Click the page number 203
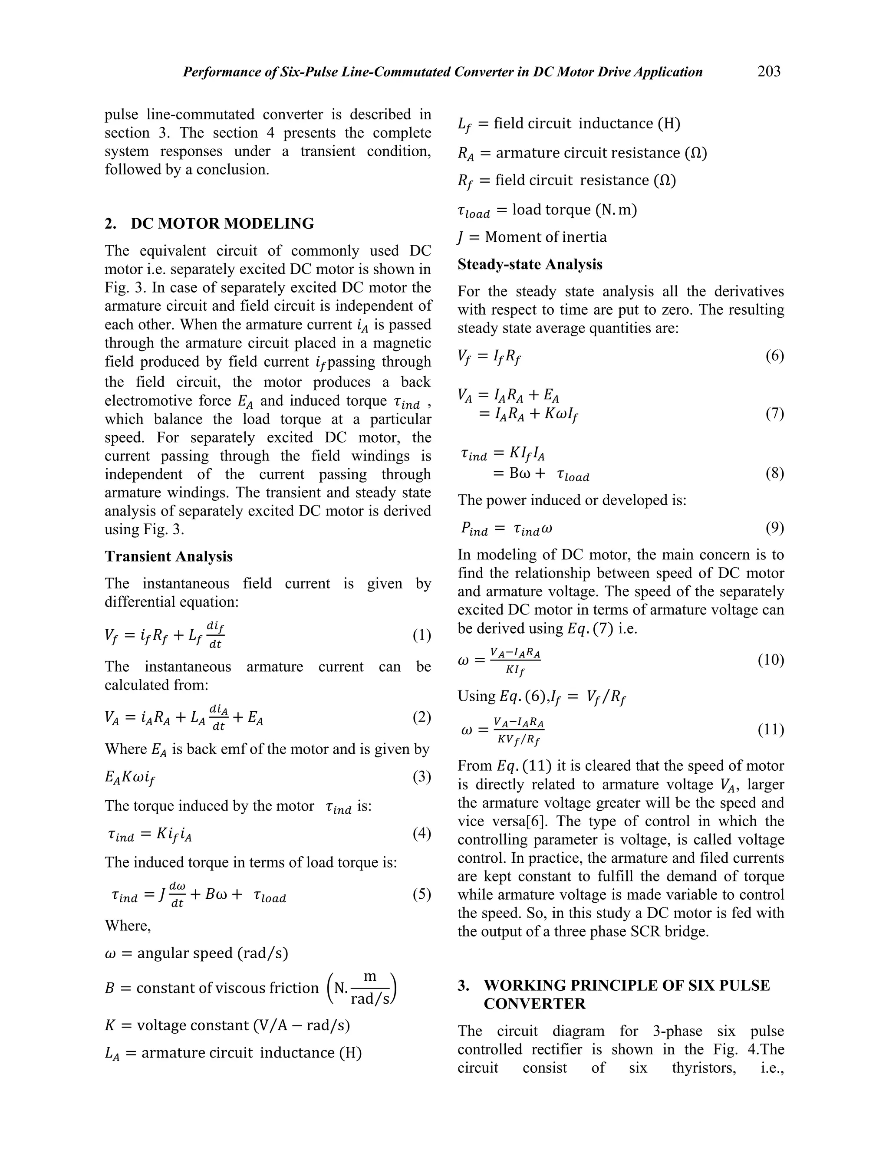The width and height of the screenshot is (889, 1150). [x=768, y=71]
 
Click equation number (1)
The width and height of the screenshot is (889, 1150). [x=422, y=636]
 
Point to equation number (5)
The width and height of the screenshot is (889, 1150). [x=422, y=895]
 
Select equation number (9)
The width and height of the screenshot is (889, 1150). [x=775, y=528]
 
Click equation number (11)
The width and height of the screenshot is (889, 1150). [x=770, y=730]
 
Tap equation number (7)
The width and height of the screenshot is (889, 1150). [x=775, y=414]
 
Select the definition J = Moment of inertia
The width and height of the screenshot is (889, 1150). [x=532, y=237]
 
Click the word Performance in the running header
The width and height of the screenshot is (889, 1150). [x=220, y=72]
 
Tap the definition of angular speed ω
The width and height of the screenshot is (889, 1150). [x=197, y=953]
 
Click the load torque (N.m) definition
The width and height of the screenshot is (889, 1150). [x=547, y=210]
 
